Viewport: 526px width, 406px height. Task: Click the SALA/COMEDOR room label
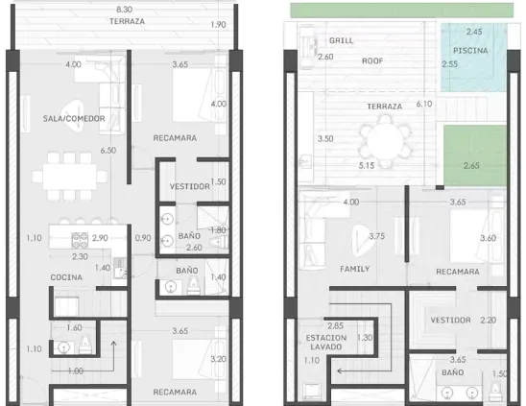tap(74, 118)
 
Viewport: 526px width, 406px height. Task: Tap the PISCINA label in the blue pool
tap(470, 51)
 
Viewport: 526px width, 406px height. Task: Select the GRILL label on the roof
tap(341, 40)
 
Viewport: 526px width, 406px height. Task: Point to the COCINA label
tap(66, 277)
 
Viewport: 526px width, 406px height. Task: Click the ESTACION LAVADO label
tap(326, 343)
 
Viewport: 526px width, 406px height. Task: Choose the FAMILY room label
tap(354, 269)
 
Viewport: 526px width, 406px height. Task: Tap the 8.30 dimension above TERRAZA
tap(124, 10)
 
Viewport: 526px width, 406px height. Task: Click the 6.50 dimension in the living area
tap(108, 151)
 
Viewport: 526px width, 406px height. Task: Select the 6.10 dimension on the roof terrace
tap(424, 104)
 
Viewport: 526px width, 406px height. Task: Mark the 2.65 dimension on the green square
tap(471, 165)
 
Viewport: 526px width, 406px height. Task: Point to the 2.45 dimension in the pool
tap(474, 32)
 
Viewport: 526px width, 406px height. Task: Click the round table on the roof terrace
tap(385, 141)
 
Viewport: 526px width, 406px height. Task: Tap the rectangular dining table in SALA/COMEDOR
tap(69, 177)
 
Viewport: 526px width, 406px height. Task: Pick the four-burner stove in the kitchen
tap(80, 240)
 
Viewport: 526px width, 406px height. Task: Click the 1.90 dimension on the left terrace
tap(219, 25)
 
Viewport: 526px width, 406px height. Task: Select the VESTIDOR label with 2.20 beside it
tap(450, 321)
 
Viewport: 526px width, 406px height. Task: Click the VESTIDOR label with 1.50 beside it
tap(189, 186)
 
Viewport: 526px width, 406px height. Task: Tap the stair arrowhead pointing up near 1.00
tap(113, 344)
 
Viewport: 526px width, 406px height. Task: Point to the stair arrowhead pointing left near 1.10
tap(340, 371)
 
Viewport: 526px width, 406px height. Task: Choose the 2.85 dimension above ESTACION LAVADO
tap(335, 325)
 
